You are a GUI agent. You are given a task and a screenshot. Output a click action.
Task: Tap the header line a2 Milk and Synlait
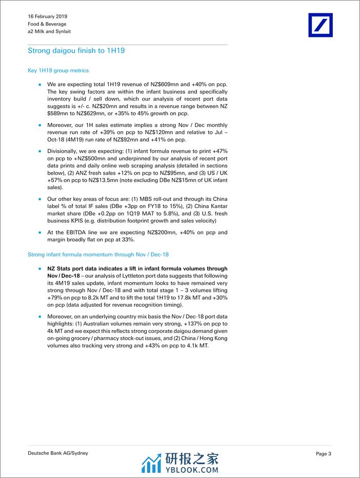tap(49, 31)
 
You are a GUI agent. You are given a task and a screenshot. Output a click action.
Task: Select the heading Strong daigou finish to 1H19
tap(76, 51)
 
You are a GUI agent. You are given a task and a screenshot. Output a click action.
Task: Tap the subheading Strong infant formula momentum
tap(98, 254)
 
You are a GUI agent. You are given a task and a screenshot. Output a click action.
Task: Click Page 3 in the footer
tap(323, 453)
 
